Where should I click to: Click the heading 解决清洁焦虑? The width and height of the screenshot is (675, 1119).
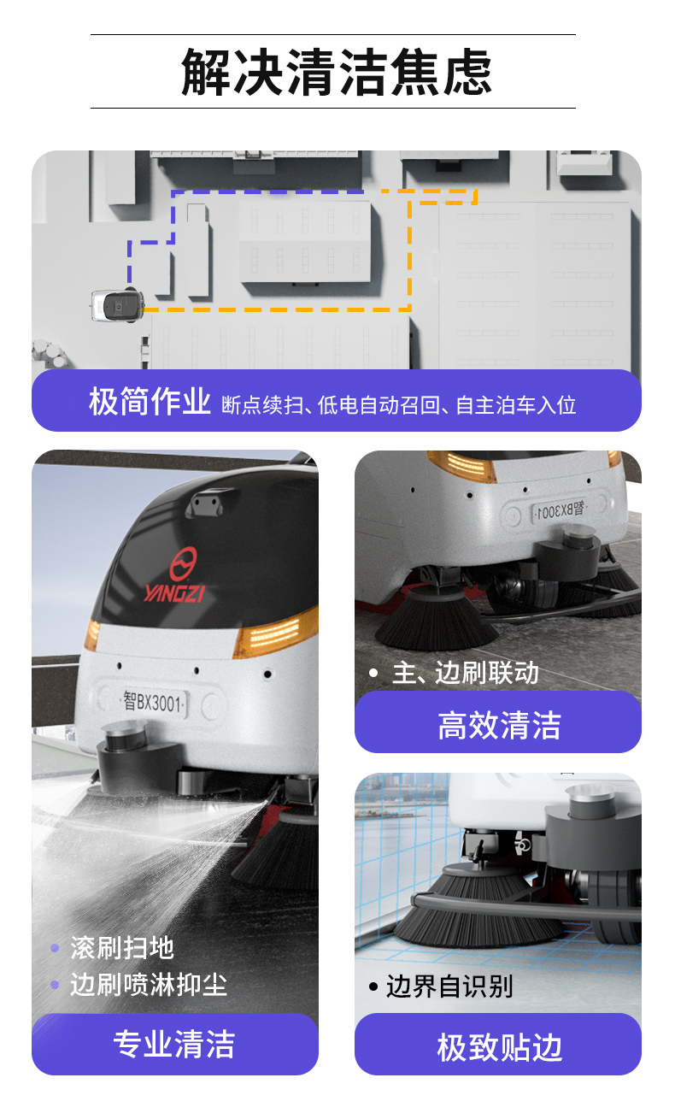click(x=337, y=72)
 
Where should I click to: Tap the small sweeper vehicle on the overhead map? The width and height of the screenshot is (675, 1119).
click(x=117, y=305)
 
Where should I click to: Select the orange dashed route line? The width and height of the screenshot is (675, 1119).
click(x=410, y=256)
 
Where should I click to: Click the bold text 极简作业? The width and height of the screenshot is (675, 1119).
click(x=150, y=402)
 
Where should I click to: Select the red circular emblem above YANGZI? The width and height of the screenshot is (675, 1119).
click(x=182, y=563)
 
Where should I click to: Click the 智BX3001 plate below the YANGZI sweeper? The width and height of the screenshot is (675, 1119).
click(x=154, y=703)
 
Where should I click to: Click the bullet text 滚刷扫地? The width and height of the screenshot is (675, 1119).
click(x=122, y=947)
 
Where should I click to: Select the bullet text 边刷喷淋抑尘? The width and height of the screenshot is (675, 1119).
click(x=148, y=985)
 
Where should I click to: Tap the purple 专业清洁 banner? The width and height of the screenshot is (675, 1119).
click(x=174, y=1045)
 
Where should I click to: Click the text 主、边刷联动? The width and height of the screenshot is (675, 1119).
click(x=465, y=673)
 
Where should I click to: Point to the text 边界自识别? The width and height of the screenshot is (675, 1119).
click(x=449, y=986)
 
